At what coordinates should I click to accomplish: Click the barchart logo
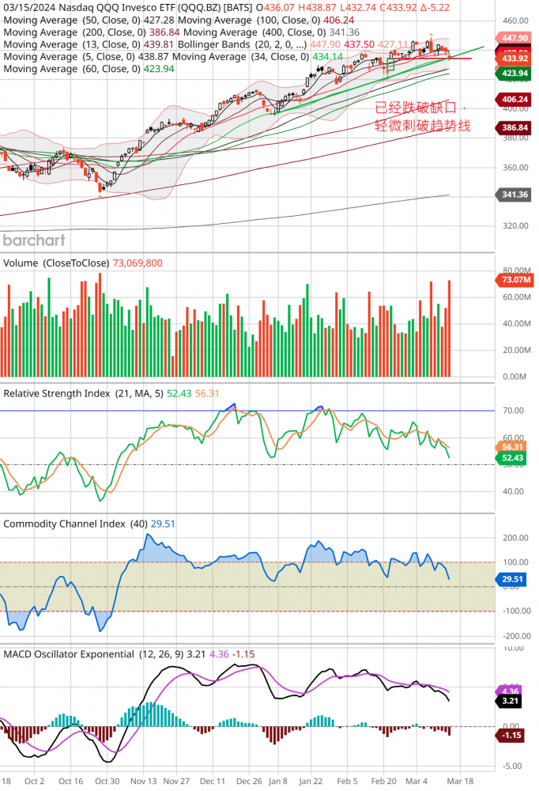[x=34, y=240]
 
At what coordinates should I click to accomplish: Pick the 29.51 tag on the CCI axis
[x=514, y=579]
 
